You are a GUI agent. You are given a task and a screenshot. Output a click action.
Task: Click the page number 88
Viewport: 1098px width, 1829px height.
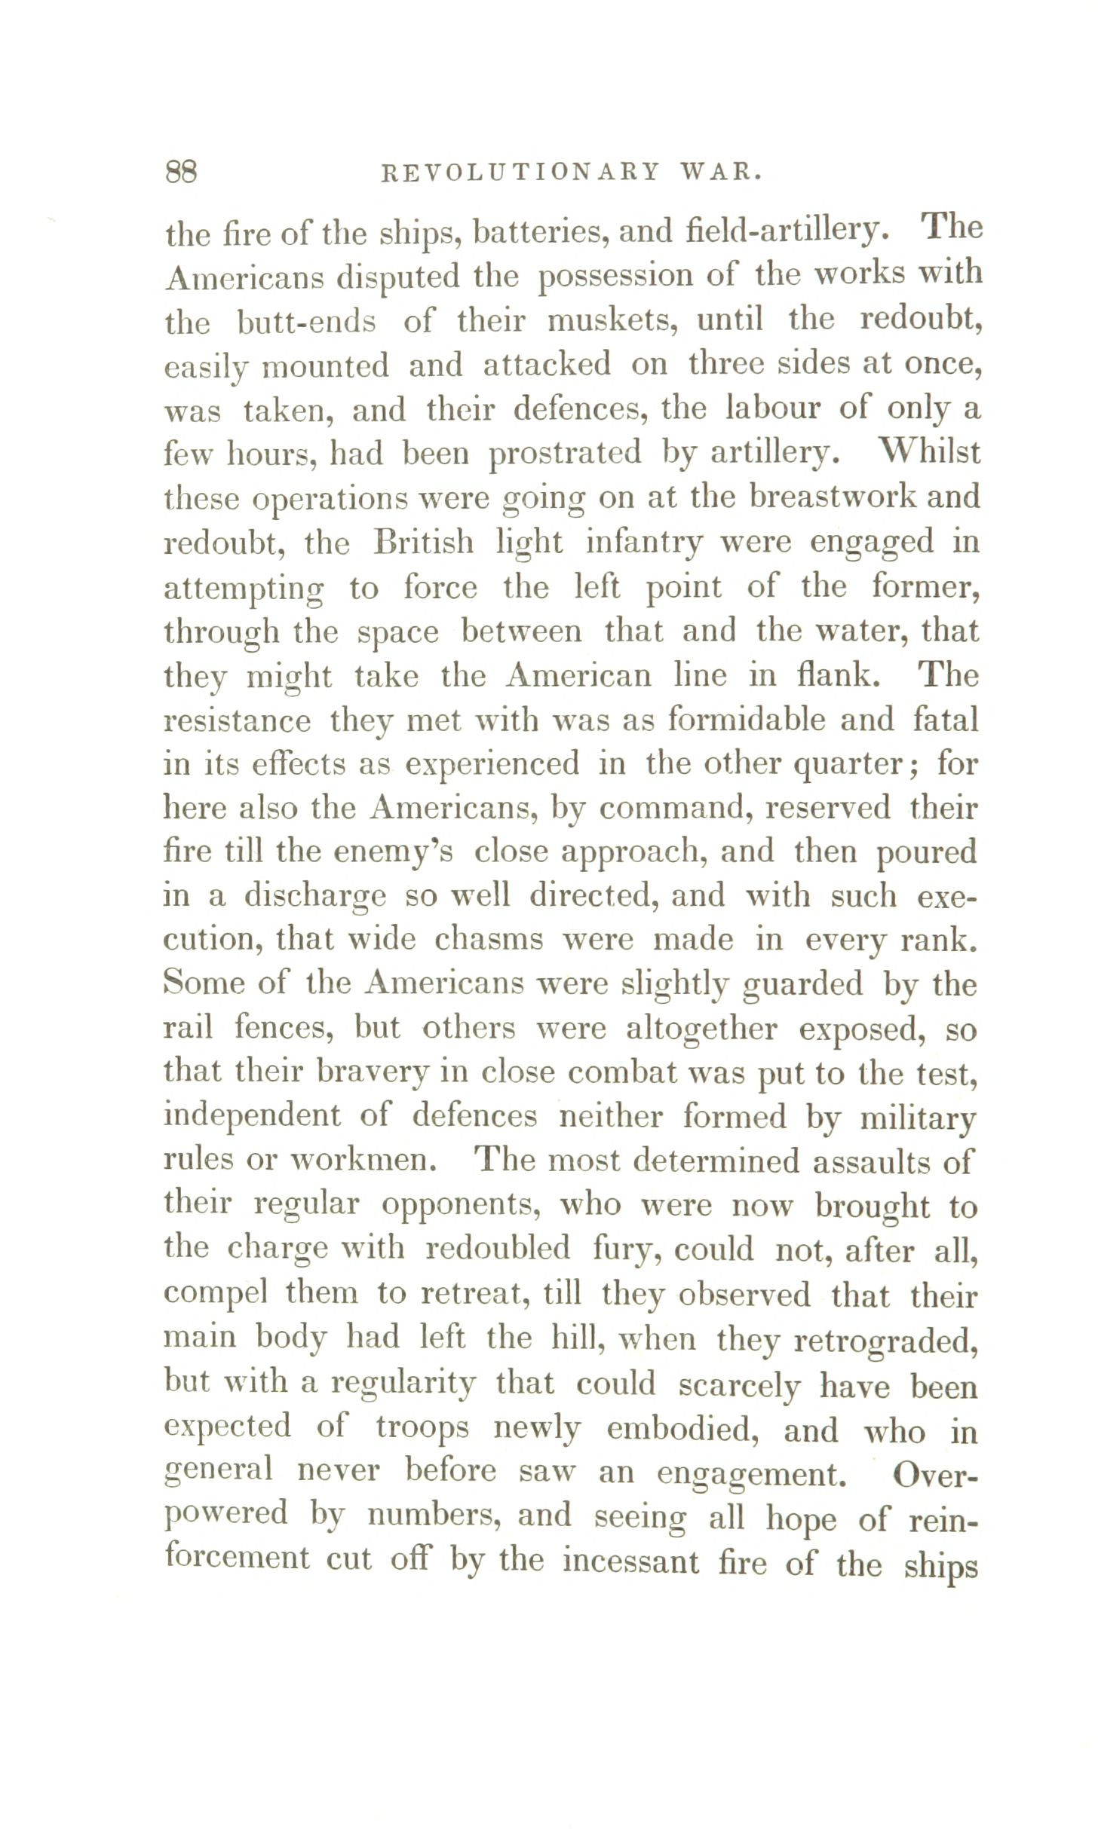(x=181, y=173)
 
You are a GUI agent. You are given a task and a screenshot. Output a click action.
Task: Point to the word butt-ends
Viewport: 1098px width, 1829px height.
(x=306, y=322)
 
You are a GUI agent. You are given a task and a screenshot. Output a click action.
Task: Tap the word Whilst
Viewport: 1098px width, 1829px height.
(x=929, y=453)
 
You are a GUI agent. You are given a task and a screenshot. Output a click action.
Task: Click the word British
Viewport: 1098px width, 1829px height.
(x=424, y=543)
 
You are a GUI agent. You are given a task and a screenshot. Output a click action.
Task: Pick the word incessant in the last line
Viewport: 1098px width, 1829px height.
(x=630, y=1561)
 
